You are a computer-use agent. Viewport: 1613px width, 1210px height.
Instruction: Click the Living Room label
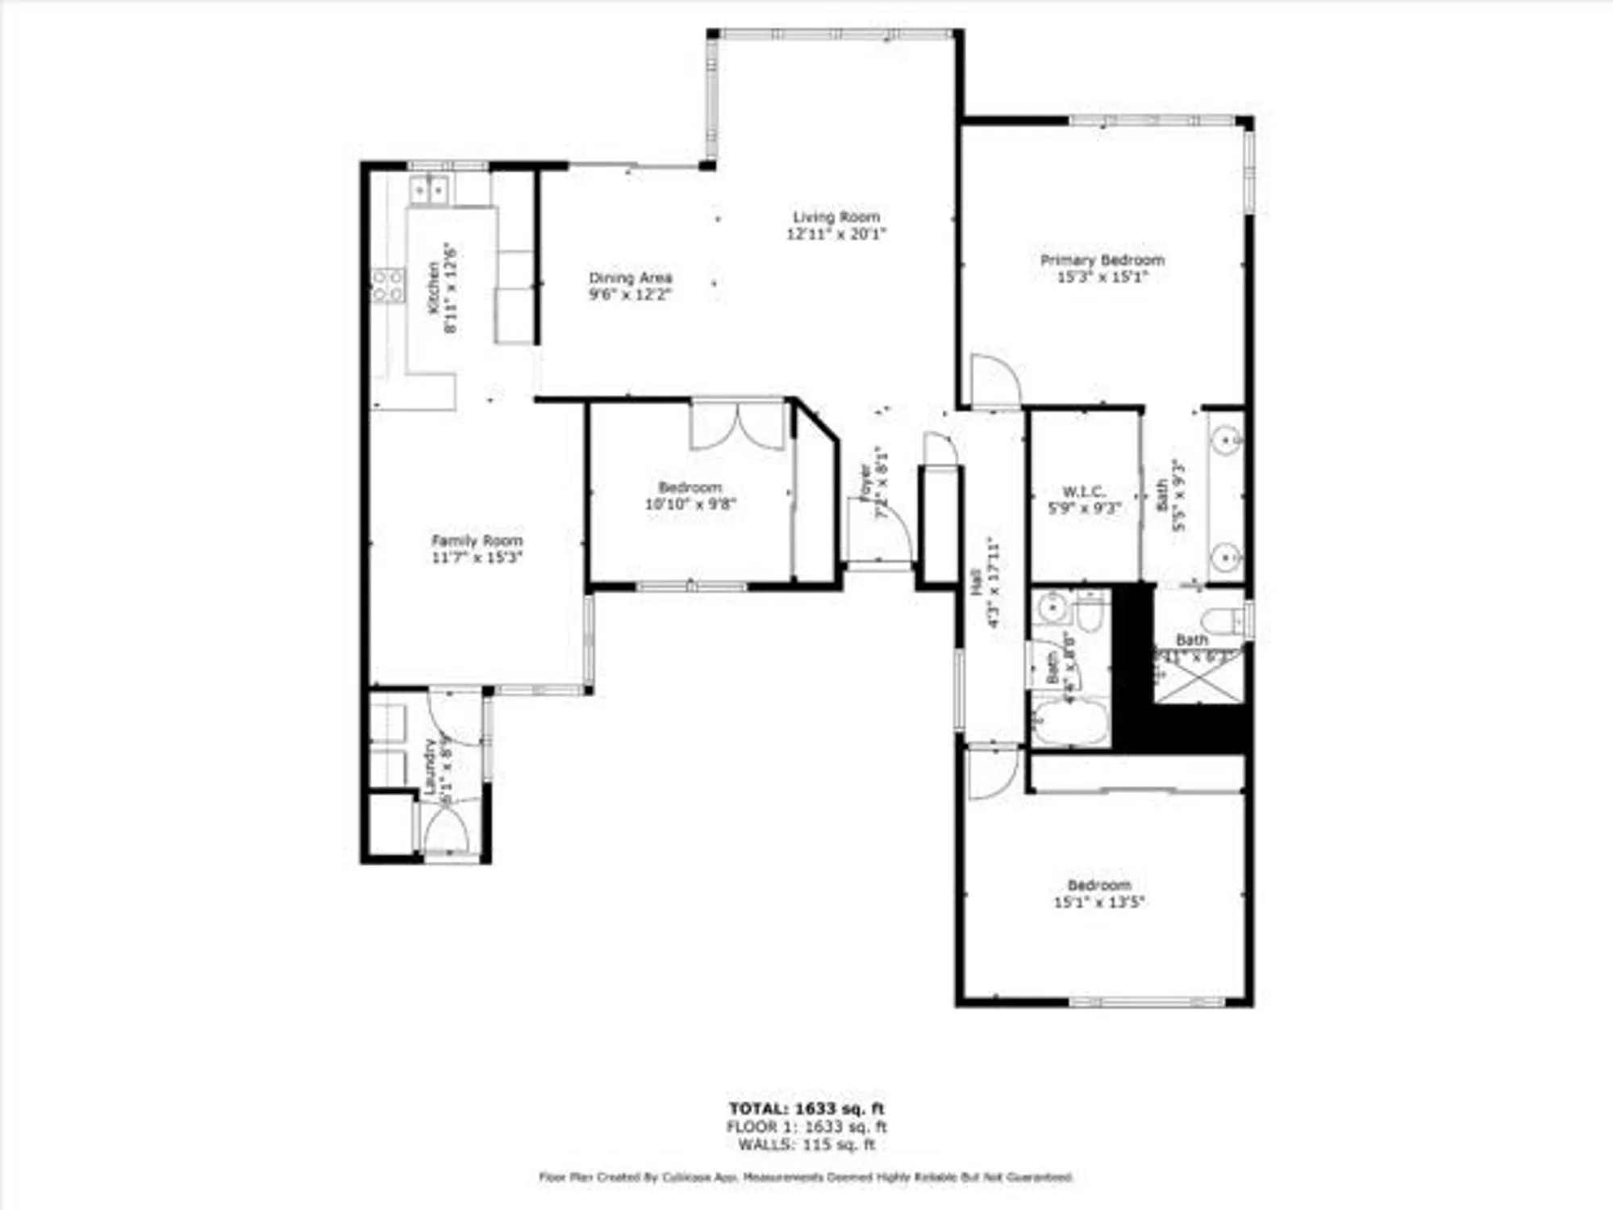pyautogui.click(x=836, y=217)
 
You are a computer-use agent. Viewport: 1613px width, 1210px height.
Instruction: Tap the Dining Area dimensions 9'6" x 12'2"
pyautogui.click(x=630, y=294)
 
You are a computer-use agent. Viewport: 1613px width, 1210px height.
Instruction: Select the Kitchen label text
pyautogui.click(x=434, y=288)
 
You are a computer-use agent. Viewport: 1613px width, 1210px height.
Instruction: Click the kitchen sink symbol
pyautogui.click(x=429, y=190)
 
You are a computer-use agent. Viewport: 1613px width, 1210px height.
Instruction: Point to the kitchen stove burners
pyautogui.click(x=388, y=286)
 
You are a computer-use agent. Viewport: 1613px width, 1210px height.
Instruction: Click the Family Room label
pyautogui.click(x=477, y=540)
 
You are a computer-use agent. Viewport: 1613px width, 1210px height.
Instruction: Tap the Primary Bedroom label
pyautogui.click(x=1102, y=260)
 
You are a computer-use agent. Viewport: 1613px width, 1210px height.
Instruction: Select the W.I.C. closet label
pyautogui.click(x=1084, y=491)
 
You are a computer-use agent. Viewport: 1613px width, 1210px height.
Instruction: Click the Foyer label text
pyautogui.click(x=865, y=482)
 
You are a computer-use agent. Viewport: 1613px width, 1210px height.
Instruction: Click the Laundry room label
pyautogui.click(x=429, y=766)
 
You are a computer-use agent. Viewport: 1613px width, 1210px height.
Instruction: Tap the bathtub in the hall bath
pyautogui.click(x=1070, y=722)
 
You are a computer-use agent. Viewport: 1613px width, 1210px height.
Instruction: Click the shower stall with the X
pyautogui.click(x=1199, y=676)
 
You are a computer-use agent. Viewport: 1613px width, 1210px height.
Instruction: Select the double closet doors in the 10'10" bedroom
pyautogui.click(x=738, y=426)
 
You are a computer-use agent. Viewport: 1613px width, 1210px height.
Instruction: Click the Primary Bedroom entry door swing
pyautogui.click(x=994, y=382)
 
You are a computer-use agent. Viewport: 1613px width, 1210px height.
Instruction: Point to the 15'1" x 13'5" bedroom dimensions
pyautogui.click(x=1098, y=902)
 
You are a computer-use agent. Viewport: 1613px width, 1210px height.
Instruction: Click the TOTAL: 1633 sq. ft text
pyautogui.click(x=806, y=1108)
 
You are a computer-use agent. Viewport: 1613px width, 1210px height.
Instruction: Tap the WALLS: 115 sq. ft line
pyautogui.click(x=806, y=1145)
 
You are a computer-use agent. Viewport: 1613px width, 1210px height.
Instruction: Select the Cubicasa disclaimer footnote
pyautogui.click(x=806, y=1178)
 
